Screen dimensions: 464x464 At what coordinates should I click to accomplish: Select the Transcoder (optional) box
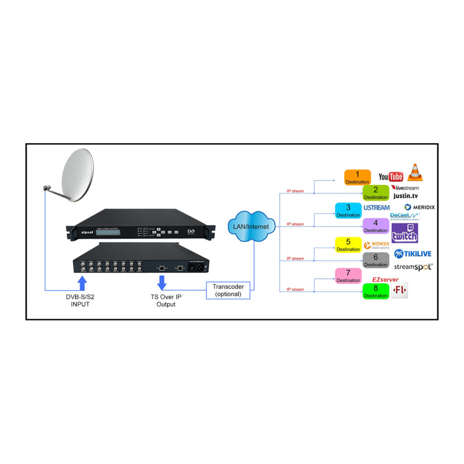point(228,290)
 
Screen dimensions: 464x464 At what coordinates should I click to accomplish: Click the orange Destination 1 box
point(358,177)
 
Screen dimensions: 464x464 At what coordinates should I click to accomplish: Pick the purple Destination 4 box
point(376,226)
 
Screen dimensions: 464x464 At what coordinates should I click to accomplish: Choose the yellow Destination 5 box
point(348,245)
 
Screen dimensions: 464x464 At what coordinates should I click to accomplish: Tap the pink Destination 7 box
point(348,276)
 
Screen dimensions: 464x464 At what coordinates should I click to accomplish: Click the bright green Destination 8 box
point(376,291)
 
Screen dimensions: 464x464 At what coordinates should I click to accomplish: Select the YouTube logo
point(391,177)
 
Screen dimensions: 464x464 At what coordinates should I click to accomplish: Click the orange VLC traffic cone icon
point(415,173)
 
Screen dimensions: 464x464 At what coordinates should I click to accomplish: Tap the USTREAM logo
point(376,208)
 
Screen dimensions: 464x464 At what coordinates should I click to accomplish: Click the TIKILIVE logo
point(413,254)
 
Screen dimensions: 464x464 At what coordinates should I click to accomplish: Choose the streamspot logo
point(413,267)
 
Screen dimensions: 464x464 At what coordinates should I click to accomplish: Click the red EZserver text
point(385,280)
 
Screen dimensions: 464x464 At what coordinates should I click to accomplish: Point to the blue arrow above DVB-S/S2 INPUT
point(82,283)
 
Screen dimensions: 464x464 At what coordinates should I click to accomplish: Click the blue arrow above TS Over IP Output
point(162,283)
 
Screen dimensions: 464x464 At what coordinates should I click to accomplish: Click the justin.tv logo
point(406,196)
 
